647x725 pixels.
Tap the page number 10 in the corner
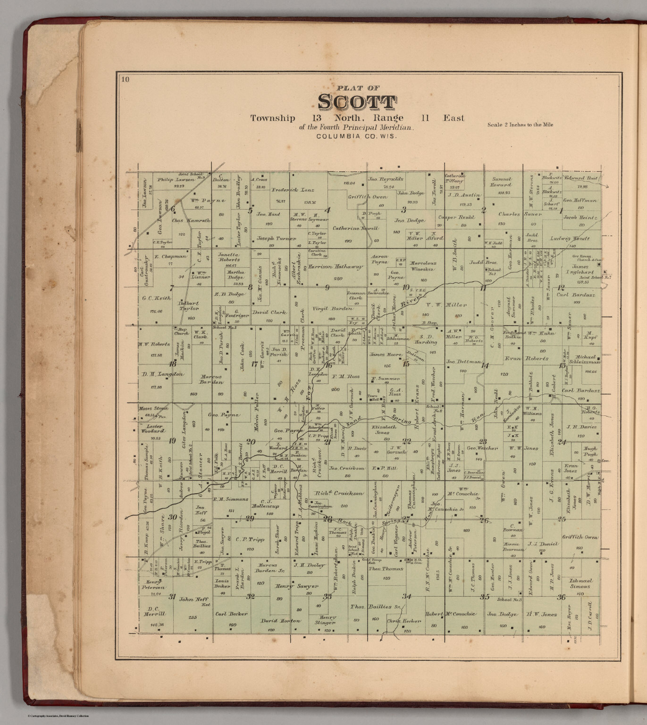point(125,79)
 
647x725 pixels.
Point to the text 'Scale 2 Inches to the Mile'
point(520,125)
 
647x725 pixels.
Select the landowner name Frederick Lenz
point(293,190)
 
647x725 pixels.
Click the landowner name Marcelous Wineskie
point(423,266)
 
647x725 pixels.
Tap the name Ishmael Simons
point(580,583)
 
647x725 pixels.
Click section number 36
point(561,598)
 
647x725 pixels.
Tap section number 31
point(172,596)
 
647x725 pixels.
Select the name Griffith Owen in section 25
point(580,537)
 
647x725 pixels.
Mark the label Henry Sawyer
point(291,586)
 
